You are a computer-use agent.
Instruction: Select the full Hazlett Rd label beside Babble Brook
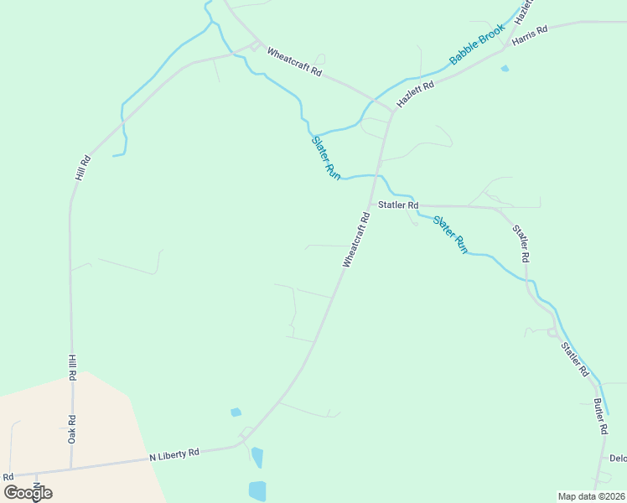pyautogui.click(x=416, y=92)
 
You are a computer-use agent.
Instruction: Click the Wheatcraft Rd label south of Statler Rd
pyautogui.click(x=355, y=241)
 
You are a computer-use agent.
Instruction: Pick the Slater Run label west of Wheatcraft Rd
pyautogui.click(x=326, y=157)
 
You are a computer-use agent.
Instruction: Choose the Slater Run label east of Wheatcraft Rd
pyautogui.click(x=449, y=234)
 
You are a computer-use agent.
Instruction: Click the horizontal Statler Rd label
pyautogui.click(x=397, y=205)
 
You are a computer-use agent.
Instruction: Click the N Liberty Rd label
pyautogui.click(x=174, y=454)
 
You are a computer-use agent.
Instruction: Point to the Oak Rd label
pyautogui.click(x=72, y=429)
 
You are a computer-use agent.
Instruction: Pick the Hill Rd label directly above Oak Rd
pyautogui.click(x=72, y=368)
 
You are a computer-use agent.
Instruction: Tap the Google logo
pyautogui.click(x=28, y=492)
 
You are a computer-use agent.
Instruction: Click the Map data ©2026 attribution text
pyautogui.click(x=591, y=495)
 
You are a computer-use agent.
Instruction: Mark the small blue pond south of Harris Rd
pyautogui.click(x=505, y=69)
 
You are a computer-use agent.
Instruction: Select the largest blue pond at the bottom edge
pyautogui.click(x=257, y=491)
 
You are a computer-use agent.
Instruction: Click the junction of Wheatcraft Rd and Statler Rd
pyautogui.click(x=370, y=205)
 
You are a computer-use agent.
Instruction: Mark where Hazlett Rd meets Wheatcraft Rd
pyautogui.click(x=392, y=110)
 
